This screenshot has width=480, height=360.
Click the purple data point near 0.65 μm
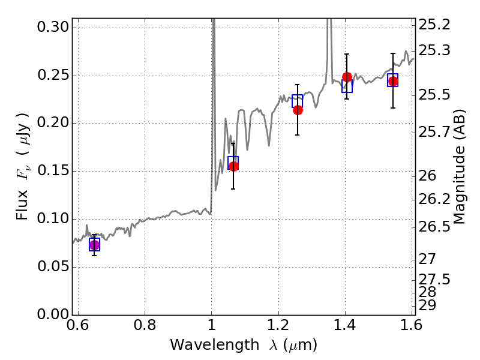point(95,245)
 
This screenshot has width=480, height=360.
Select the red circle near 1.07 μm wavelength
point(233,166)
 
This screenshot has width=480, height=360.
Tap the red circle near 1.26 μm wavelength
point(298,110)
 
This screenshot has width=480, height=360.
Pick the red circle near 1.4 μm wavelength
point(347,77)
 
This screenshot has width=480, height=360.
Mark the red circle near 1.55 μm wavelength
point(393,82)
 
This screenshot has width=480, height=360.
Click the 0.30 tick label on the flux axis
point(53,27)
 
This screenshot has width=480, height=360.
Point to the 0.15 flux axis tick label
point(53,171)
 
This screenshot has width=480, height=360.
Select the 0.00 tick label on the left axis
point(53,314)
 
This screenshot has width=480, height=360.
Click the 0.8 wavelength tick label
point(145,325)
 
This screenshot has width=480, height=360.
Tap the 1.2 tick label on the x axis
point(278,325)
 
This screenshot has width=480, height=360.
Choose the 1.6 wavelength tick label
point(412,325)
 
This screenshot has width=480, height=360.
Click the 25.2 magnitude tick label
point(434,25)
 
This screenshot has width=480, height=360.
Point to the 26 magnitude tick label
point(427,176)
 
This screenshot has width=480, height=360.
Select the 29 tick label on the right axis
point(427,305)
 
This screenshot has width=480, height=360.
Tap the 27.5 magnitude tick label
point(434,280)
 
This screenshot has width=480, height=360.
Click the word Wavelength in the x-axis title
point(215,345)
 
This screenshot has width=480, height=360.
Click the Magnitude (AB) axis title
point(458,167)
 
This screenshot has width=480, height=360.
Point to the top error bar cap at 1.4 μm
point(347,54)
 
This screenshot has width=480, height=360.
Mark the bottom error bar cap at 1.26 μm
point(297,134)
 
